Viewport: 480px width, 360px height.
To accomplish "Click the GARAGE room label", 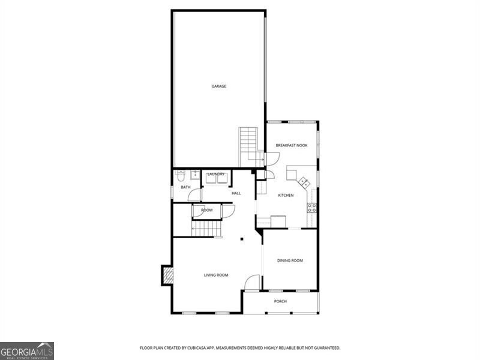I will [x=218, y=86].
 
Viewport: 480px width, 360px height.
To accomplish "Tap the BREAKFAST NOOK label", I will [x=291, y=145].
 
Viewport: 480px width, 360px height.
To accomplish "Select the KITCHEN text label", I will [x=286, y=196].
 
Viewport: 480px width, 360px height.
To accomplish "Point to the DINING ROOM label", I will [x=290, y=260].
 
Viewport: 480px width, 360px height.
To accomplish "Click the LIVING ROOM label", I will [x=216, y=275].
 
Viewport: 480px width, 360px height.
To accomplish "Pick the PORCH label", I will [x=280, y=301].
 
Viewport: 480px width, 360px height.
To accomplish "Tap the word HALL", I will [x=236, y=193].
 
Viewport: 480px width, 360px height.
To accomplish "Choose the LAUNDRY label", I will [x=215, y=174].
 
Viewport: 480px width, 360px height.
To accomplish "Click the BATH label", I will [x=186, y=187].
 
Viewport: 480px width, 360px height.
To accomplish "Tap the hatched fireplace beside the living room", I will [x=167, y=275].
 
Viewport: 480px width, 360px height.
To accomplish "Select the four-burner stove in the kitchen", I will [x=312, y=208].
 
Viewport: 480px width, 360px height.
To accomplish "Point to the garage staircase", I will [x=248, y=147].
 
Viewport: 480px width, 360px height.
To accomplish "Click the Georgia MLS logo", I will [x=27, y=350].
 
